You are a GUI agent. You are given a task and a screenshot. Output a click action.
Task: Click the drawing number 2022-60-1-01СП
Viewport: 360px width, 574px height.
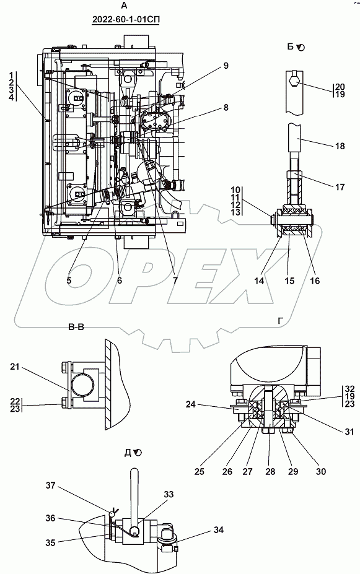(126, 19)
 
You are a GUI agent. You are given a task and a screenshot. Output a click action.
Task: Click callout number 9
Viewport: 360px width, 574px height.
(226, 66)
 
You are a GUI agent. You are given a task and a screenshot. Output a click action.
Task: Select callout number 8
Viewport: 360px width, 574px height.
(226, 107)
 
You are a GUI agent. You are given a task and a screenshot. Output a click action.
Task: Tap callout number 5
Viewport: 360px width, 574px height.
(69, 280)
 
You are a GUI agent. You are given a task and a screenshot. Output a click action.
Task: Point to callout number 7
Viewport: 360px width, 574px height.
(175, 280)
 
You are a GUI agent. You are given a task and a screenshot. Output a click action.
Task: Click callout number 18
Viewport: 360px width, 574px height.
(340, 146)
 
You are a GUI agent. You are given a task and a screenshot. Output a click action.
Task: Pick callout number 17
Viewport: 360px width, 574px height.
(340, 187)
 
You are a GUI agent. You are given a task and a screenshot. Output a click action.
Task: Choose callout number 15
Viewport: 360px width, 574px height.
(289, 280)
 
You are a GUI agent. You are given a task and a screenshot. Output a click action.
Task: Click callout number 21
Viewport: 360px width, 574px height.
(15, 367)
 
